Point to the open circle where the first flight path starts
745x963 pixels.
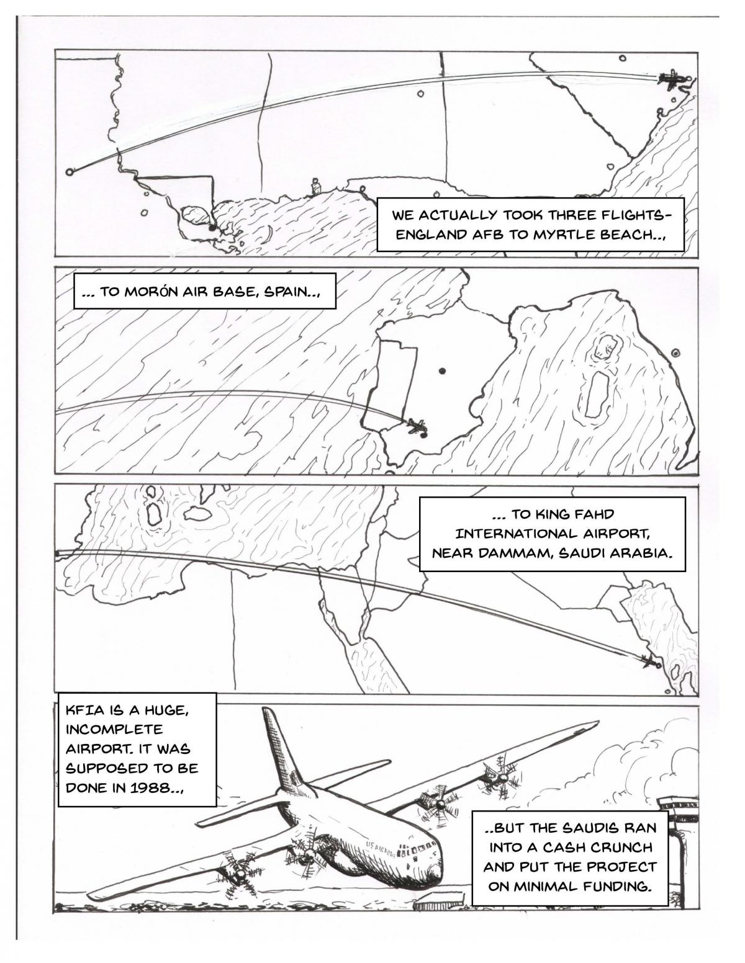point(69,171)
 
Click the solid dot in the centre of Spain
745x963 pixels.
point(442,371)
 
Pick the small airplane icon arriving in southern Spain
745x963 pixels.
point(417,426)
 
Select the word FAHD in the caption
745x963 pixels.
point(594,515)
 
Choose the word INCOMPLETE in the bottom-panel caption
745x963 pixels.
point(114,730)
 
